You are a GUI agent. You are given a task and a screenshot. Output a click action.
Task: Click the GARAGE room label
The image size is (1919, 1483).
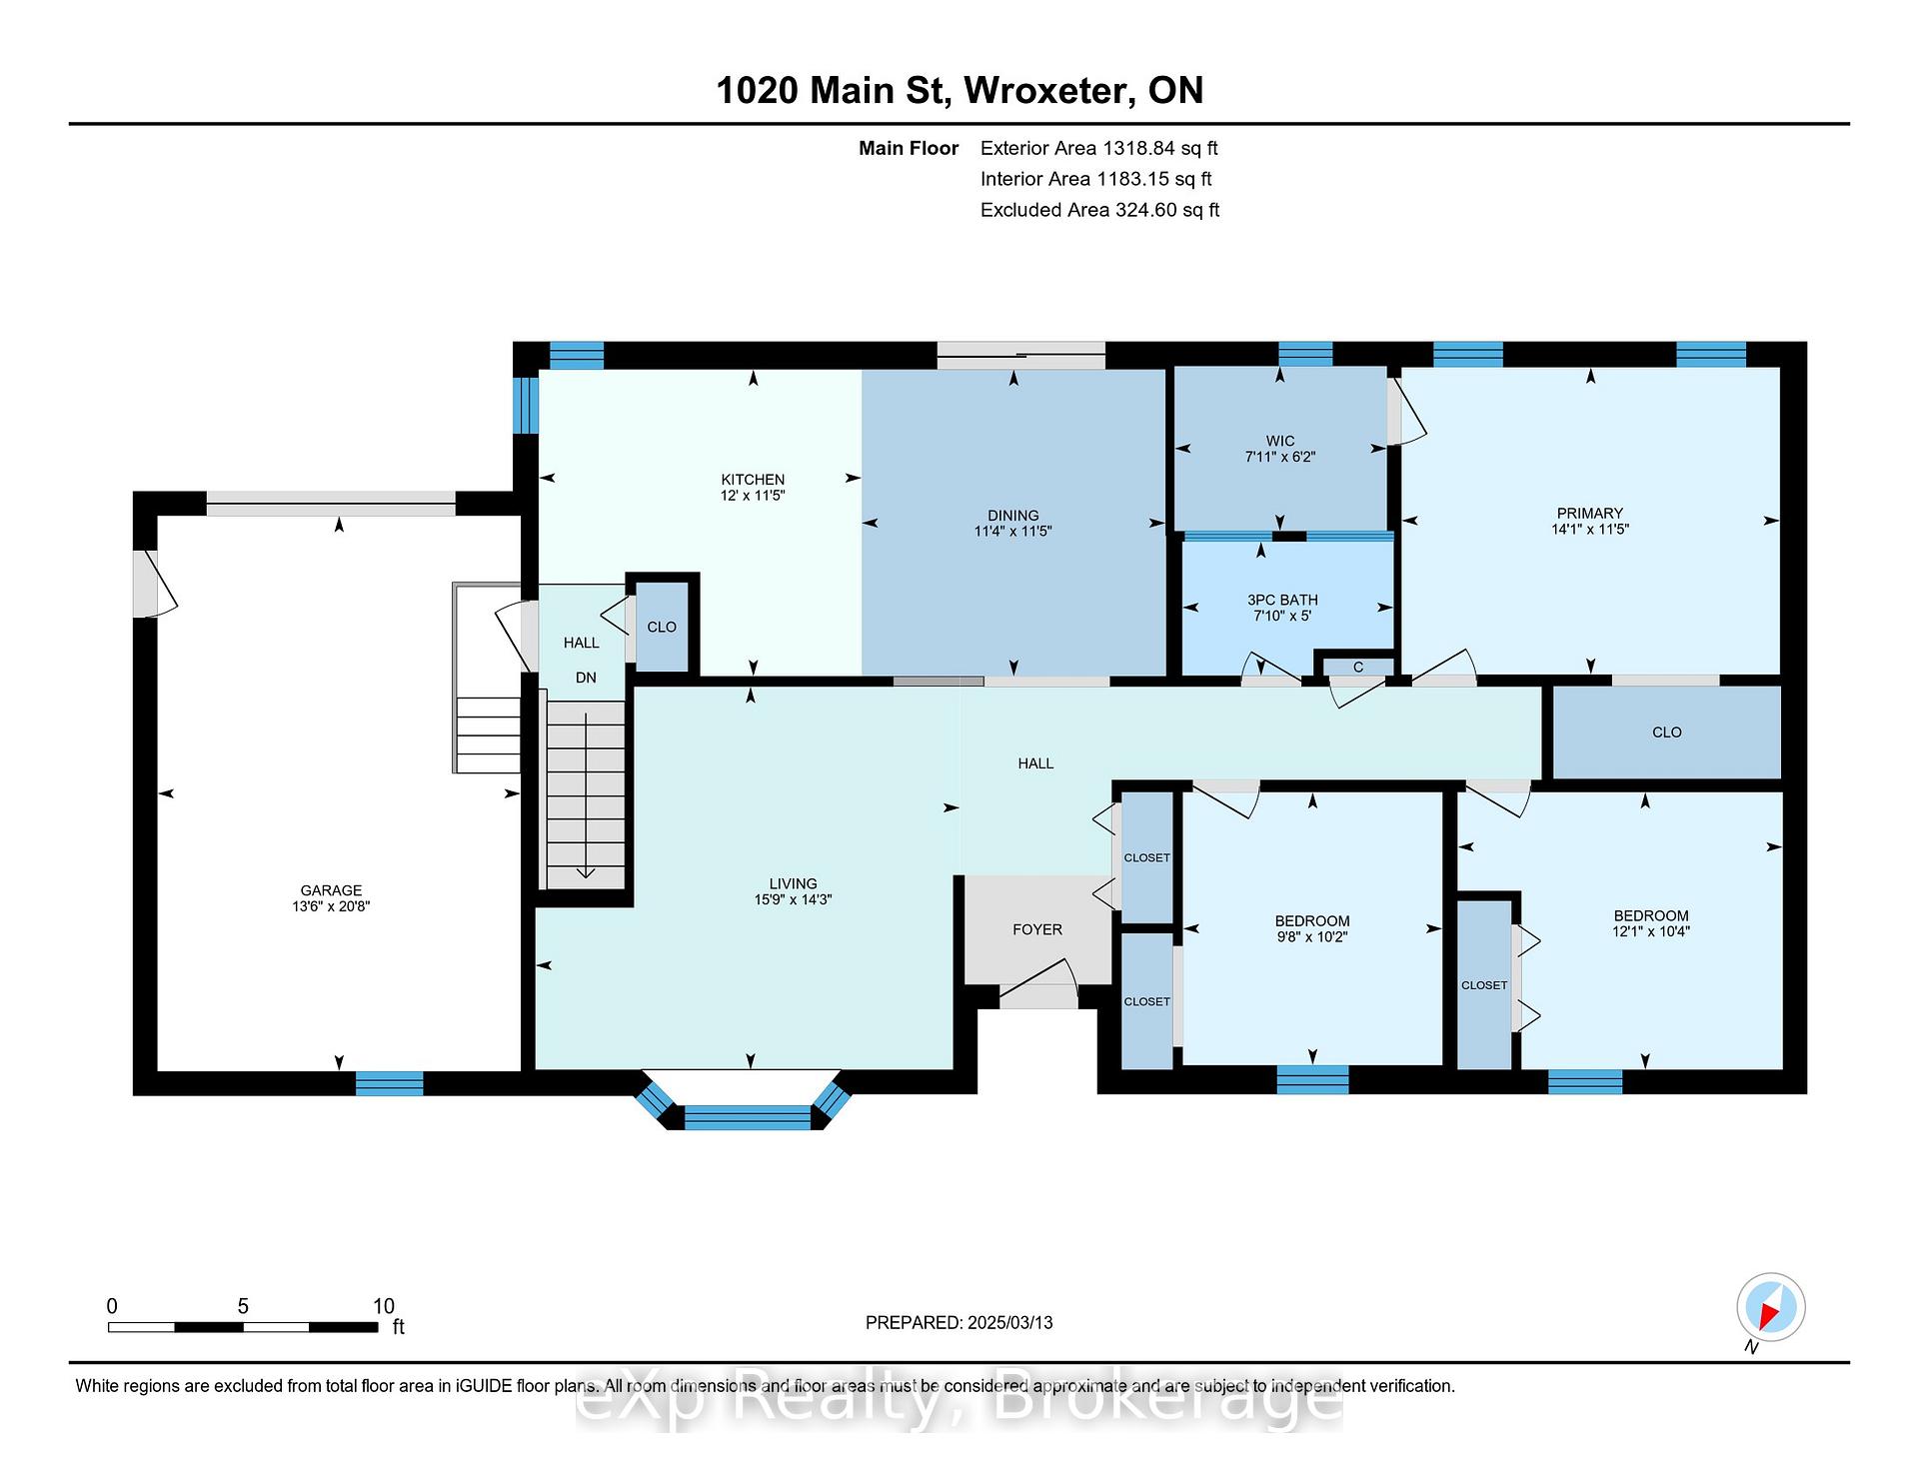(331, 890)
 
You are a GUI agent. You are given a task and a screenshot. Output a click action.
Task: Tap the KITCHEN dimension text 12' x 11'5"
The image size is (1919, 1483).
(753, 496)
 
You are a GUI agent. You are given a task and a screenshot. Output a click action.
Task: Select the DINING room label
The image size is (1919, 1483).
(1013, 516)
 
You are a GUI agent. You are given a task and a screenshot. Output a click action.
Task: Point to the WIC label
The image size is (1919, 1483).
(1280, 441)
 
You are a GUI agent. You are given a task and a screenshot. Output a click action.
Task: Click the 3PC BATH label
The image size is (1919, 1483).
(1282, 600)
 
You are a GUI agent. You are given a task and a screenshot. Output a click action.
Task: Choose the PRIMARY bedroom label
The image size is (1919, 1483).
(1590, 514)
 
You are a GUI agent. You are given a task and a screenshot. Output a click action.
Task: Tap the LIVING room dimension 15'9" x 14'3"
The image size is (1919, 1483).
(794, 899)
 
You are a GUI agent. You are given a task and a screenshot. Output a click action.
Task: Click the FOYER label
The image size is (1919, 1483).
(1037, 929)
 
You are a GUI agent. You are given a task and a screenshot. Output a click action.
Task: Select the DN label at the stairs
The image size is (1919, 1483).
(586, 678)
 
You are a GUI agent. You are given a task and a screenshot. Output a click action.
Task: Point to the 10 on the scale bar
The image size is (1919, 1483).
(384, 1306)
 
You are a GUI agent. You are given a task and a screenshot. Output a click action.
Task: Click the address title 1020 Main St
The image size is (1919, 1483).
(831, 91)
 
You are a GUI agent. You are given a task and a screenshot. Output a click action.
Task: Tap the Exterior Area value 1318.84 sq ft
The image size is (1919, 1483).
(1160, 149)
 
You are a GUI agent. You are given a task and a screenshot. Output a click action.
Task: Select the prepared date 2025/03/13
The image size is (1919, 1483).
(1010, 1323)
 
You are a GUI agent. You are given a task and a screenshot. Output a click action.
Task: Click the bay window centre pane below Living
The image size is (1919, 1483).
(747, 1117)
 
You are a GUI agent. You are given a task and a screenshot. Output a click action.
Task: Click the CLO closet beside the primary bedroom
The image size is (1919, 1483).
(1666, 733)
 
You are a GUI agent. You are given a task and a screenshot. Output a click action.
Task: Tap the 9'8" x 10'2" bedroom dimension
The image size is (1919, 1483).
(1312, 937)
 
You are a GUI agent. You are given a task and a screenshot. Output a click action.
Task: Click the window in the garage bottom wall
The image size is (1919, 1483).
(389, 1083)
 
